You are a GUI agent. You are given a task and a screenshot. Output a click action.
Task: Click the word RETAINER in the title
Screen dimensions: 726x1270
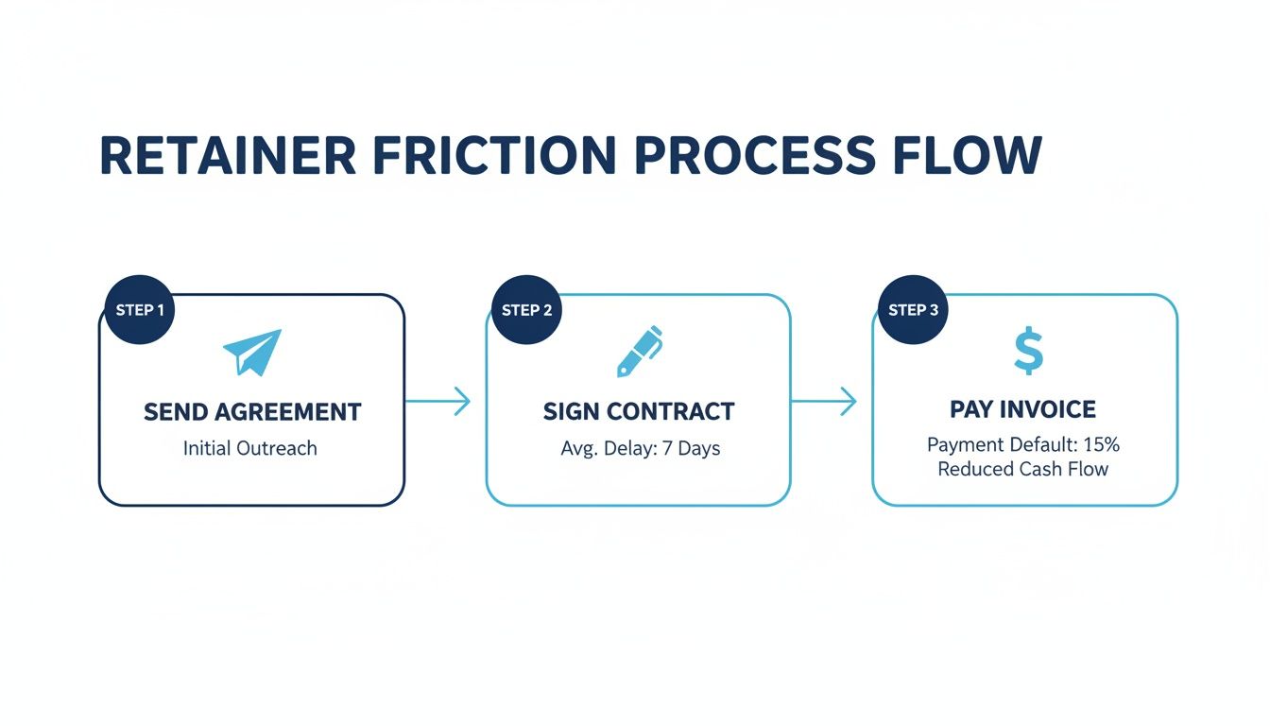pos(228,156)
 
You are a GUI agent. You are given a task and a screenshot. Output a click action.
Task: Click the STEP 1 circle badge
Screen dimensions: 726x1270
pos(140,310)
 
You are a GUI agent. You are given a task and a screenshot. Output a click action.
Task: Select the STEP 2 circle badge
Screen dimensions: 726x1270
pos(526,310)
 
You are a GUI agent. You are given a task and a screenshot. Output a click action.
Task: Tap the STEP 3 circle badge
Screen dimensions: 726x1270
pos(914,310)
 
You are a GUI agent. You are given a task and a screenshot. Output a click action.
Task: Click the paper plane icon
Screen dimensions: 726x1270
pos(252,353)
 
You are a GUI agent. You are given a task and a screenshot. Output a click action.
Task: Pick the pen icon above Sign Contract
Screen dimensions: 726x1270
pos(639,352)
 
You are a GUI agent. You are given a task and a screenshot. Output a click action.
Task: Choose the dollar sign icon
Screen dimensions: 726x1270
pos(1027,352)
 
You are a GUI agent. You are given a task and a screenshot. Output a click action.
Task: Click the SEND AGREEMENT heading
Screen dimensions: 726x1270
pos(252,412)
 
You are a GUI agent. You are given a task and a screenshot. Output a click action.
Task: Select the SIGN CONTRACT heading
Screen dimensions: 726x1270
pos(639,412)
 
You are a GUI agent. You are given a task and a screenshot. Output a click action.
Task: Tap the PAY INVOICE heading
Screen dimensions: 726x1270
pos(1023,409)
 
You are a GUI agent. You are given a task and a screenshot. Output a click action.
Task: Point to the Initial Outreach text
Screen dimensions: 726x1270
pos(250,448)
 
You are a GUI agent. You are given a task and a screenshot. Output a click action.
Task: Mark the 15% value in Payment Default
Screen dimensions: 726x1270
pos(1103,444)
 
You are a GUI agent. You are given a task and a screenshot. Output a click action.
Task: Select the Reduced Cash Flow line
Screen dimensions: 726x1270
pos(1022,469)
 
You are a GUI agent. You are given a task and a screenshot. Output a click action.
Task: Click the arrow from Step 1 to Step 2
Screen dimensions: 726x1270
pos(438,401)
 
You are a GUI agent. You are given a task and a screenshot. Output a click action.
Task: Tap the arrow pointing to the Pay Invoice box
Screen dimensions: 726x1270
pos(824,401)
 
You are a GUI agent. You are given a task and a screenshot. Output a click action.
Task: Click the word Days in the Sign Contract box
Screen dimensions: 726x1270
pos(699,448)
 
